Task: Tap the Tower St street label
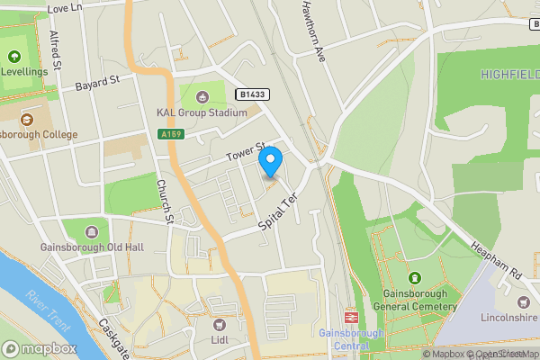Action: pyautogui.click(x=247, y=150)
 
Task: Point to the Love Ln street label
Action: pyautogui.click(x=63, y=8)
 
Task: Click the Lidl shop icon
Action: pyautogui.click(x=219, y=323)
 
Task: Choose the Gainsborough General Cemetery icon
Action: pyautogui.click(x=415, y=277)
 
